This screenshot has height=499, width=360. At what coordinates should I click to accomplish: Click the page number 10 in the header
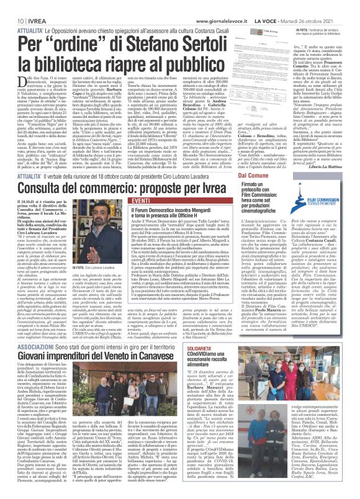pyautogui.click(x=12, y=6)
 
